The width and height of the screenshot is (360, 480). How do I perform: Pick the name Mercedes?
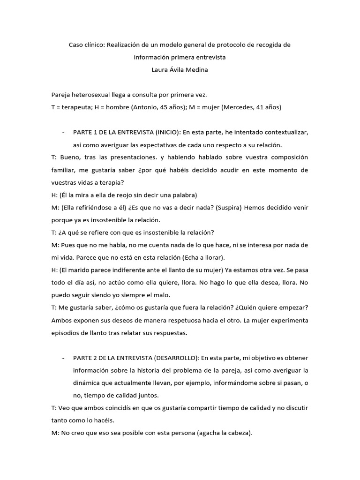(x=240, y=107)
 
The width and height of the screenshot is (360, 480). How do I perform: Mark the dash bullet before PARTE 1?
(x=63, y=132)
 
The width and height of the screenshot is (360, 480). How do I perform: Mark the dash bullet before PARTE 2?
(x=63, y=358)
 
